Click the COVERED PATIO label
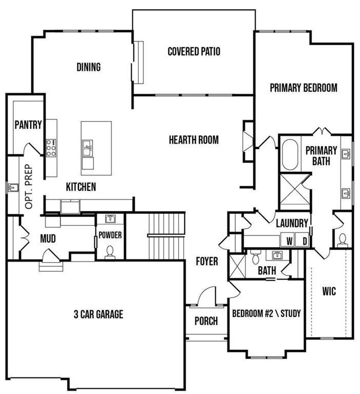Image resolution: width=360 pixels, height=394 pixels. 194,51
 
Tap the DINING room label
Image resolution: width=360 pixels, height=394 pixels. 89,67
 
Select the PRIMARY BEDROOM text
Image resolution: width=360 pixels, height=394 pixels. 304,88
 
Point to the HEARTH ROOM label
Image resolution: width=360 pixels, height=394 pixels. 194,140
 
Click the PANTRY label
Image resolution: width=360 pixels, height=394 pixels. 28,125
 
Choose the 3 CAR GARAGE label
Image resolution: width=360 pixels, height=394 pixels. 98,314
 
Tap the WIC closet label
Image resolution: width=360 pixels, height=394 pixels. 329,291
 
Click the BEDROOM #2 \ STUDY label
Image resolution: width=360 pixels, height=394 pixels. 266,313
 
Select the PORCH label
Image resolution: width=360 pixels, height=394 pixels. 206,322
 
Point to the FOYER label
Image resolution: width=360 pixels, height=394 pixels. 207,261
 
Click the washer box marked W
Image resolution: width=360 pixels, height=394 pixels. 289,241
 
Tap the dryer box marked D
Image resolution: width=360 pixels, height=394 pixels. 304,241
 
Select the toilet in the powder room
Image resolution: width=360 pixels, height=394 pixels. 110,251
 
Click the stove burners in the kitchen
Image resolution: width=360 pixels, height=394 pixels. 52,148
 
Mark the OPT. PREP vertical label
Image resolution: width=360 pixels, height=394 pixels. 29,187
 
